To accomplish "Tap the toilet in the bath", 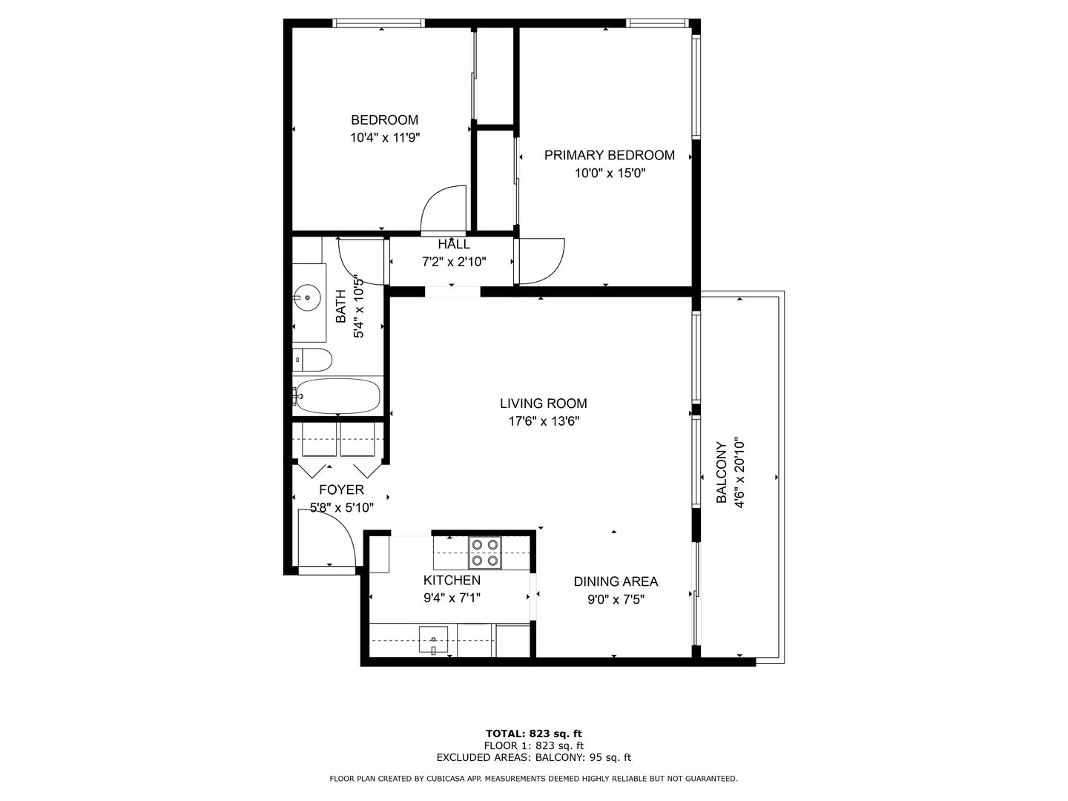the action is pyautogui.click(x=312, y=360).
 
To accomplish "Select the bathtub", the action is pyautogui.click(x=337, y=396).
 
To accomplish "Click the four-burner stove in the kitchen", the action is pyautogui.click(x=484, y=553).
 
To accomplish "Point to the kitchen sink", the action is pyautogui.click(x=433, y=639).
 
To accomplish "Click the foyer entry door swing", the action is pyautogui.click(x=327, y=541).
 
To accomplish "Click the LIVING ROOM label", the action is pyautogui.click(x=544, y=403).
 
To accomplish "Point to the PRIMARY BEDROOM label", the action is pyautogui.click(x=609, y=155).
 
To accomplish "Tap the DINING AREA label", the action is pyautogui.click(x=616, y=581).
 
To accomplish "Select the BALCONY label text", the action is pyautogui.click(x=721, y=472).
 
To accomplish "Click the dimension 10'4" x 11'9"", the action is pyautogui.click(x=385, y=138).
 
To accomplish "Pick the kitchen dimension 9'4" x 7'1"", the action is pyautogui.click(x=452, y=598).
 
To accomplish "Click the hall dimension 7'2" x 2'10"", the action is pyautogui.click(x=454, y=262).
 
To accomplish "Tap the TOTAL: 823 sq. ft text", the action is pyautogui.click(x=534, y=734).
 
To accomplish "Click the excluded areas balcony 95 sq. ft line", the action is pyautogui.click(x=534, y=757).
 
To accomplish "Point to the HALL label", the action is pyautogui.click(x=454, y=244).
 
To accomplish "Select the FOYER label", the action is pyautogui.click(x=341, y=489).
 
